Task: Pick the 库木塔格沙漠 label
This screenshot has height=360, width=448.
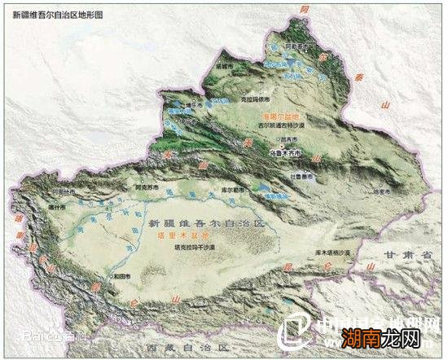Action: click(328, 255)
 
